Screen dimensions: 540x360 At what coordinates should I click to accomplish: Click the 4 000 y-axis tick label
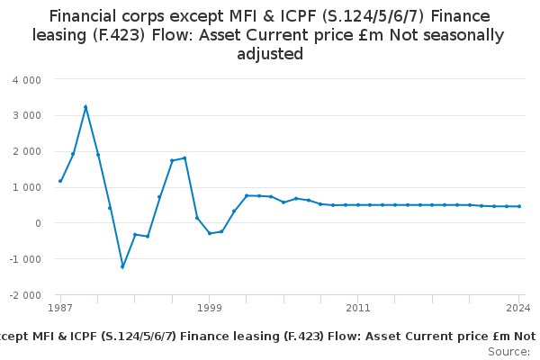pyautogui.click(x=27, y=80)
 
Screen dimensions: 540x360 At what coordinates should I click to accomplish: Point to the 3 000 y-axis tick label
pyautogui.click(x=27, y=115)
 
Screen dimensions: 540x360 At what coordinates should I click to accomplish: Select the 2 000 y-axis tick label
pyautogui.click(x=27, y=151)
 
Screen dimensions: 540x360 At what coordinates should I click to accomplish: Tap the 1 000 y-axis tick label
pyautogui.click(x=27, y=187)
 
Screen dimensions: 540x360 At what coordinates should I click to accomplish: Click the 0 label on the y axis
pyautogui.click(x=38, y=223)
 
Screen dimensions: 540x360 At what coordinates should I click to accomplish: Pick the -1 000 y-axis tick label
pyautogui.click(x=25, y=259)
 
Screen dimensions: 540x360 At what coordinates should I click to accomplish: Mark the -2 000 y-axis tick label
pyautogui.click(x=25, y=295)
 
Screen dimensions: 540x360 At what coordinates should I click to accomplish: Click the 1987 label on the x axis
pyautogui.click(x=60, y=308)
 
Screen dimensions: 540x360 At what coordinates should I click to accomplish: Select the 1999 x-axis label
pyautogui.click(x=210, y=308)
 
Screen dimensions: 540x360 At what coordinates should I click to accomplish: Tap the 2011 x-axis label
pyautogui.click(x=358, y=308)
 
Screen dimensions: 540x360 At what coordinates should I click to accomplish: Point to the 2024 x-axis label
pyautogui.click(x=518, y=308)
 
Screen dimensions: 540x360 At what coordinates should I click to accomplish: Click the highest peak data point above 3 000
pyautogui.click(x=85, y=107)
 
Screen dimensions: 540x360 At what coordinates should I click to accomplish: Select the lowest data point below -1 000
pyautogui.click(x=122, y=266)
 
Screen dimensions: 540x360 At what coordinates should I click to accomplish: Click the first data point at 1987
pyautogui.click(x=60, y=181)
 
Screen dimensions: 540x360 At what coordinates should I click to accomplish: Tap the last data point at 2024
pyautogui.click(x=519, y=206)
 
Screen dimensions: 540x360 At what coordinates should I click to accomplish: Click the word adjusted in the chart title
pyautogui.click(x=270, y=54)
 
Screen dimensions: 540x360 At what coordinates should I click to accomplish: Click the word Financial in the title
pyautogui.click(x=83, y=16)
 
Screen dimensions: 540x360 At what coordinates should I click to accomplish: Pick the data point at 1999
pyautogui.click(x=210, y=233)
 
